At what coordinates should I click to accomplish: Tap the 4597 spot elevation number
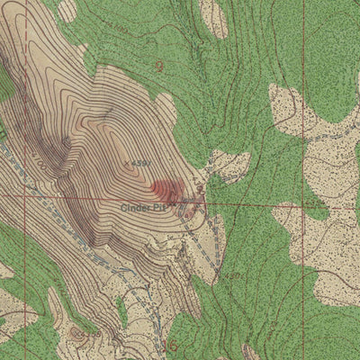click(139, 163)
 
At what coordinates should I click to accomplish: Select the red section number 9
click(159, 65)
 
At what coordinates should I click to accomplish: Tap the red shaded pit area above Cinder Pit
click(166, 189)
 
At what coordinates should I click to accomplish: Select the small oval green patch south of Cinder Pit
click(121, 312)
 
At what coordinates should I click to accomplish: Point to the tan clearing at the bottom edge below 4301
click(250, 351)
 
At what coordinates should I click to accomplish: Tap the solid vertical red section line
click(303, 108)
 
